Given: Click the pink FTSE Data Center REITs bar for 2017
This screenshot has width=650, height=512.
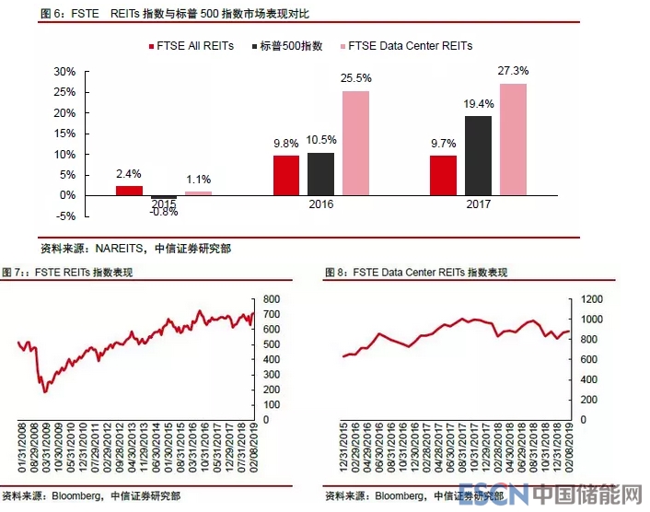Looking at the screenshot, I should pyautogui.click(x=514, y=140).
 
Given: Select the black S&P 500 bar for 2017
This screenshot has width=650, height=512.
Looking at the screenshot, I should pyautogui.click(x=478, y=156).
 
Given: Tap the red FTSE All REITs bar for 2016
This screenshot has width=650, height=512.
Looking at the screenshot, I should pyautogui.click(x=286, y=175).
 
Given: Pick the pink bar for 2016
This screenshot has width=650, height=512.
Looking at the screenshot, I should pyautogui.click(x=356, y=143).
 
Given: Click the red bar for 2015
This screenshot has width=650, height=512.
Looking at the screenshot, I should pyautogui.click(x=129, y=191).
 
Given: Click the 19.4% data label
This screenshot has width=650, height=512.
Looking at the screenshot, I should pyautogui.click(x=479, y=104).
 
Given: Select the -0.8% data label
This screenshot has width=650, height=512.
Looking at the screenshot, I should pyautogui.click(x=164, y=212).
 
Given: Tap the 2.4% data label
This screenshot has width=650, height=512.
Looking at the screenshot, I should pyautogui.click(x=129, y=174).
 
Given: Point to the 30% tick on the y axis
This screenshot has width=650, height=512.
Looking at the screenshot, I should pyautogui.click(x=64, y=71).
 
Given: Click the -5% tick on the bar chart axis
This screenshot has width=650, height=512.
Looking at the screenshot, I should pyautogui.click(x=64, y=216).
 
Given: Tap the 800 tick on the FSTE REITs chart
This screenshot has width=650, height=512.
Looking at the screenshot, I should pyautogui.click(x=272, y=299).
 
